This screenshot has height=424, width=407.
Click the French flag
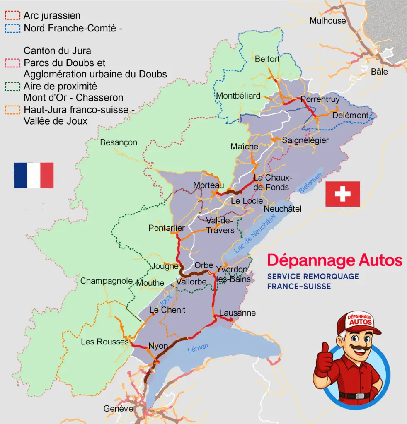tap(34, 175)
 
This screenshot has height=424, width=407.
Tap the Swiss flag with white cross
tap(342, 194)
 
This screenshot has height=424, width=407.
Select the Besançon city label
tap(119, 142)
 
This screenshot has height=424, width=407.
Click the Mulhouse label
tap(327, 21)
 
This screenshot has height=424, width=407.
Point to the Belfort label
tap(267, 59)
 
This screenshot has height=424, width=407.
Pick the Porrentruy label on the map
tap(320, 99)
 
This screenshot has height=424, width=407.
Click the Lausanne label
tap(237, 313)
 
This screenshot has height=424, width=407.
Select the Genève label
tap(119, 409)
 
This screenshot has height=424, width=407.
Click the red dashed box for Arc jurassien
tap(12, 16)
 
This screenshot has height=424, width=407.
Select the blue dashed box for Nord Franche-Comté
tap(12, 28)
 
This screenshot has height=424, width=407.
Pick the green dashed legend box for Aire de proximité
tap(12, 86)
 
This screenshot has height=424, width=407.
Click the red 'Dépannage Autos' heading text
tap(334, 260)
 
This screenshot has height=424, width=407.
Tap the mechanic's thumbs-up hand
tap(323, 360)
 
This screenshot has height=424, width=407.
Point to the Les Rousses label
tap(104, 342)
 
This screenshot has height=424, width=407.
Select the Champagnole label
tap(106, 281)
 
